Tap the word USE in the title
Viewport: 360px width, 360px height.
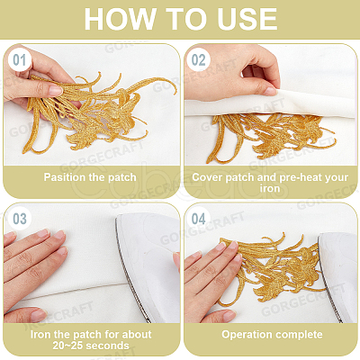[247, 19]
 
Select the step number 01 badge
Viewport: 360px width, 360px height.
[20, 60]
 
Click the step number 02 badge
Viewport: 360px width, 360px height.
[198, 60]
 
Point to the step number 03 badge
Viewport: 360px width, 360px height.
[20, 220]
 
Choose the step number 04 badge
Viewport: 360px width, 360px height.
[198, 220]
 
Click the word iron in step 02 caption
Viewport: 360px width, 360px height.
[270, 188]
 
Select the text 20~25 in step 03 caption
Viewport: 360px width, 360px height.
[68, 346]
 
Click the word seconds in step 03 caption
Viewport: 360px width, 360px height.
[108, 346]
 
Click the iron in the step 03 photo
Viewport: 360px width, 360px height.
[147, 267]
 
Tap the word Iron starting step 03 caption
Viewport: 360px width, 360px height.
[40, 335]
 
